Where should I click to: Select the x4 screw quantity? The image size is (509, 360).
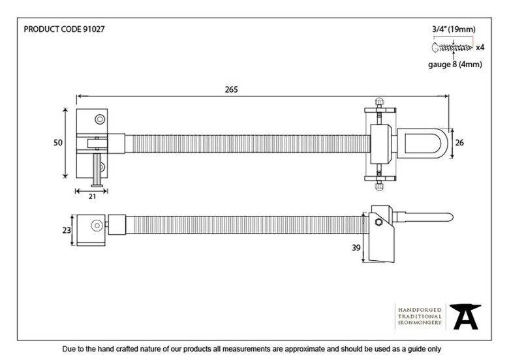pos(480,48)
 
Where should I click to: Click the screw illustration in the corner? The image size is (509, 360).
pos(452,48)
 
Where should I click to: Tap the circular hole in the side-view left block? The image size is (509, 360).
pos(96,226)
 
